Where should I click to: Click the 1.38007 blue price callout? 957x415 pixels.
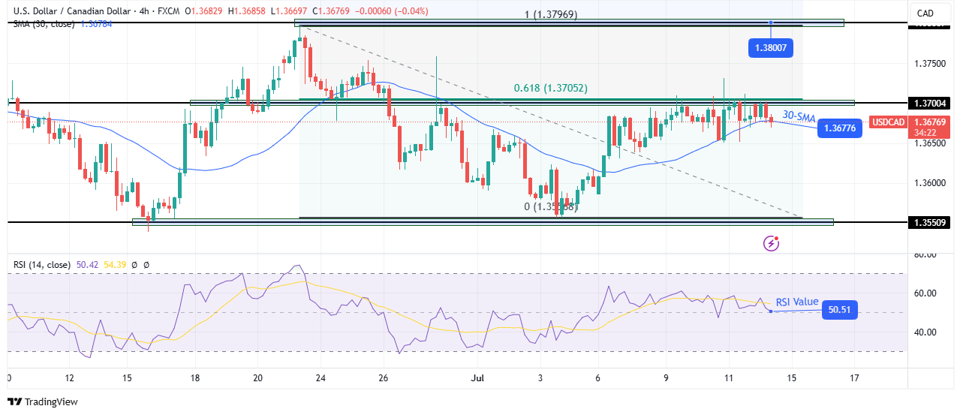770,49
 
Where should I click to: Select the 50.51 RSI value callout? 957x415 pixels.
839,309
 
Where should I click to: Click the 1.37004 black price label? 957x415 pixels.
928,103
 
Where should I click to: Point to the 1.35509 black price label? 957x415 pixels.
928,222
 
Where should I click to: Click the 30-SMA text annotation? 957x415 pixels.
799,116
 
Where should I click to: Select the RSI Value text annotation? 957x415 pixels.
796,302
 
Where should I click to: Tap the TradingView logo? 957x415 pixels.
43,401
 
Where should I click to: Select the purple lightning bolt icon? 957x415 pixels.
771,243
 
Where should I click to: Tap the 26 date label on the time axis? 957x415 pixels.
383,377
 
